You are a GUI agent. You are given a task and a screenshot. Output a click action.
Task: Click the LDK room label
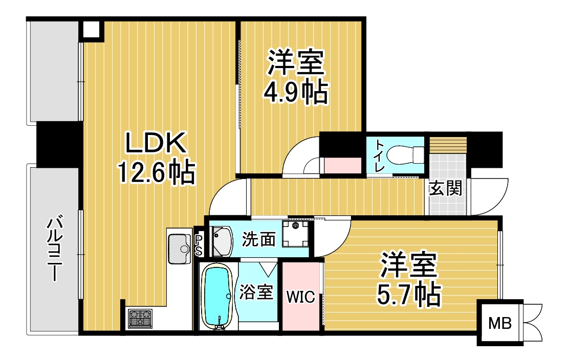click(x=156, y=143)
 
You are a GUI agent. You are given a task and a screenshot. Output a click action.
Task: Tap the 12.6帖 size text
click(x=156, y=172)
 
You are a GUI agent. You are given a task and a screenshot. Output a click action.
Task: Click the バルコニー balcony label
click(x=54, y=249)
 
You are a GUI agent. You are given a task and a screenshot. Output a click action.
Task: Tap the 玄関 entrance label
click(x=445, y=188)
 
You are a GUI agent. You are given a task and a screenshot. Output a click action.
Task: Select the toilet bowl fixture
click(x=405, y=155)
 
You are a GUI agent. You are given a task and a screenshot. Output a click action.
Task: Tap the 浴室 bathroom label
click(x=256, y=292)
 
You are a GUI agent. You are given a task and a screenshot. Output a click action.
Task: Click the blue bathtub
click(x=217, y=296)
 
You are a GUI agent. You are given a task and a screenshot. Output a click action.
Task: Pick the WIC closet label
click(x=301, y=297)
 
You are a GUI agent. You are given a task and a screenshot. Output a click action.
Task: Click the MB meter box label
click(x=500, y=323)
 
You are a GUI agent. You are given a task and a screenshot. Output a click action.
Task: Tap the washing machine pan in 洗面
click(x=296, y=233)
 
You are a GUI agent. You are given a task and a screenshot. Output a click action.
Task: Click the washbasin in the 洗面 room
click(x=222, y=241)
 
